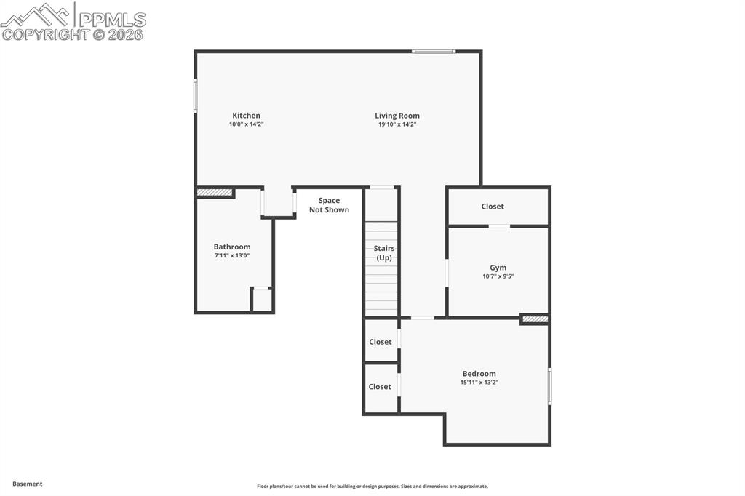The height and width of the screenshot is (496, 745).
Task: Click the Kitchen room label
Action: point(246,116)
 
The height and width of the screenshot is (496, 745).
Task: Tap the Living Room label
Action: point(397,116)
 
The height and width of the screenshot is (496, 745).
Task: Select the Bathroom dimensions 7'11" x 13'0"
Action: point(232,256)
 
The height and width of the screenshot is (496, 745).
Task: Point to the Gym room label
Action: point(498,268)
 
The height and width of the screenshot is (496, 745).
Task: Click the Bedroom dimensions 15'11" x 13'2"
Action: point(479,383)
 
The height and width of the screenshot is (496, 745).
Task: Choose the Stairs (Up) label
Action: point(384,253)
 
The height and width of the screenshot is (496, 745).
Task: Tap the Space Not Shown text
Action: point(329,205)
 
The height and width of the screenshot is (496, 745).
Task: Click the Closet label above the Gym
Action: point(493,207)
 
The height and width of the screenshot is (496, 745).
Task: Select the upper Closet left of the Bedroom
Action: point(380,342)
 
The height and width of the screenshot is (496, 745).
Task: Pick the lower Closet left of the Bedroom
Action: point(380,387)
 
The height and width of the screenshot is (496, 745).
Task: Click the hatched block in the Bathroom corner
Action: point(215,193)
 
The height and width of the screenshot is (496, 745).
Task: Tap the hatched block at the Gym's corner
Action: point(535,319)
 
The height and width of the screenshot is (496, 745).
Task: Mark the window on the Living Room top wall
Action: point(434,51)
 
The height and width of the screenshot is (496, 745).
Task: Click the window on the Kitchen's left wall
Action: point(195,95)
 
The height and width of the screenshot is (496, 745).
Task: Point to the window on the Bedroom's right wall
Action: point(549,385)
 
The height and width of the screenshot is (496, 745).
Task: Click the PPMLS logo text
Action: point(111,20)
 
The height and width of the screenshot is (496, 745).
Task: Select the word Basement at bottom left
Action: point(28,484)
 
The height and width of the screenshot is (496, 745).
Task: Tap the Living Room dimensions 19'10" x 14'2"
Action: point(397,124)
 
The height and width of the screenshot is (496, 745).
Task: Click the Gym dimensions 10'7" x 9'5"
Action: point(498,276)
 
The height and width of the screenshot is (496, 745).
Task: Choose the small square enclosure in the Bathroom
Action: point(262,299)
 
